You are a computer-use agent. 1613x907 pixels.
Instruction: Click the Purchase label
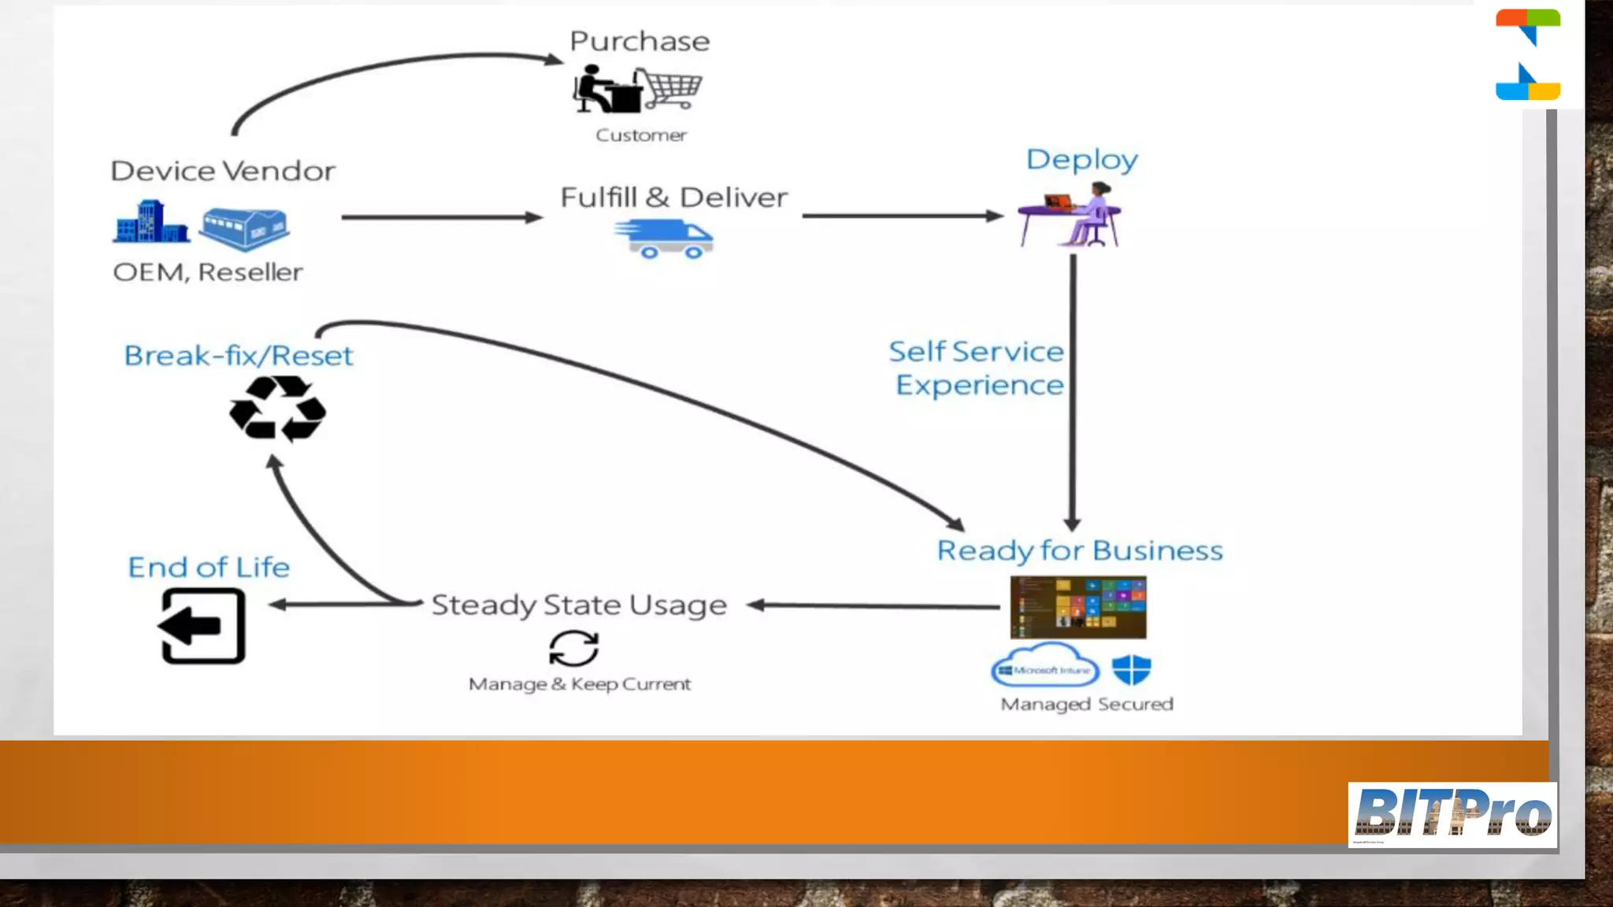click(x=640, y=41)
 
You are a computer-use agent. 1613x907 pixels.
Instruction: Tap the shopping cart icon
click(x=669, y=88)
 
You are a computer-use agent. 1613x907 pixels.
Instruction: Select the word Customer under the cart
click(x=641, y=135)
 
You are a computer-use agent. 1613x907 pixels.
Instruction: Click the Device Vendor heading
click(x=223, y=171)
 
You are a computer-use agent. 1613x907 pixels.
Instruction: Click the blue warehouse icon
click(x=244, y=228)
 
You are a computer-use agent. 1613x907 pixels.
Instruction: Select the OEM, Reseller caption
click(x=208, y=272)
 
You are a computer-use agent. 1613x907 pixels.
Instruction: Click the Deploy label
click(x=1081, y=160)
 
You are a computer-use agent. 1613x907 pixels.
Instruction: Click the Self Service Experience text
click(x=977, y=368)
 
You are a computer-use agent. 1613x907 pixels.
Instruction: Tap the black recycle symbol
click(x=277, y=409)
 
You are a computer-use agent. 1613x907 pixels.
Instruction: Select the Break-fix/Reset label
click(x=239, y=356)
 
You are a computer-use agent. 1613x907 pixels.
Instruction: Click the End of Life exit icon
click(x=202, y=627)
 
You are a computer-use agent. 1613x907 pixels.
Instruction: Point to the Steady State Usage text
click(x=579, y=605)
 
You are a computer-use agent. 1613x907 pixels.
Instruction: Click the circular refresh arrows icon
click(x=573, y=649)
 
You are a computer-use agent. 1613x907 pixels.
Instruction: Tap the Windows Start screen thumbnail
click(x=1078, y=607)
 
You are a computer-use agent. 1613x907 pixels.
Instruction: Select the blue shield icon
click(x=1131, y=670)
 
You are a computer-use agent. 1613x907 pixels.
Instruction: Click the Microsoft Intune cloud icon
click(x=1044, y=667)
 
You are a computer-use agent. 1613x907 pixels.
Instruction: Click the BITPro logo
click(x=1452, y=814)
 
